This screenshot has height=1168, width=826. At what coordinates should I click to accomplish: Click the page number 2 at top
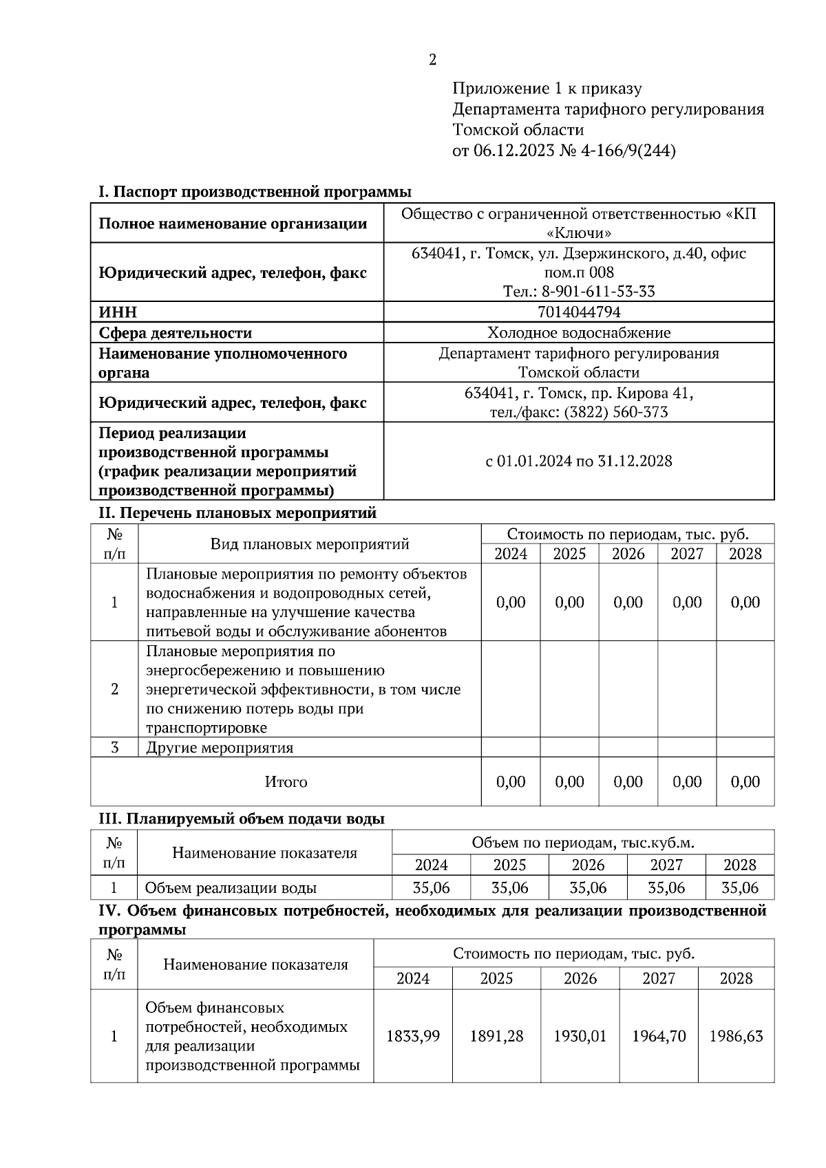coord(432,61)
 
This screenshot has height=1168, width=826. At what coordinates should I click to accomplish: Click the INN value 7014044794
coord(578,312)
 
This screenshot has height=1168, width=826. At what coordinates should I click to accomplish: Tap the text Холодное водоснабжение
coord(578,333)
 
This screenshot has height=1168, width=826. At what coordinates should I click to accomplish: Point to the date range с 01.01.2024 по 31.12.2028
coord(578,461)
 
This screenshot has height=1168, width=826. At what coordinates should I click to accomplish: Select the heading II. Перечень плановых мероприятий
coord(238,513)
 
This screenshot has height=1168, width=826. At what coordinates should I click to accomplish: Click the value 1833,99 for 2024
coord(413,1036)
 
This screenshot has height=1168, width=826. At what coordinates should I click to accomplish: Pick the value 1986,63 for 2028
coord(736,1036)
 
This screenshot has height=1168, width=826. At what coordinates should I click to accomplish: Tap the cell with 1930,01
coord(580,1036)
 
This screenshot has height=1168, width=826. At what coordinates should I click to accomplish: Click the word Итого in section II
coord(286,782)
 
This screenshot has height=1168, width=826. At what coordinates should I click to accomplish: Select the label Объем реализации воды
coord(231,888)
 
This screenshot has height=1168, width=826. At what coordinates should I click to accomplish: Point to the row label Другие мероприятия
coord(220,748)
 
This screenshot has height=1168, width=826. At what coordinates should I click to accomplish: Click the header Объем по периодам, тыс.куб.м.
coord(582,843)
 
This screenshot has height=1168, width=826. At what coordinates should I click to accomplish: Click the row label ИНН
coord(118,312)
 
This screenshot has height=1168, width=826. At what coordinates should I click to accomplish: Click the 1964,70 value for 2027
coord(659,1036)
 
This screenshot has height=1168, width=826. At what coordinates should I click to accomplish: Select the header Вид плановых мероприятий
coord(309,544)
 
